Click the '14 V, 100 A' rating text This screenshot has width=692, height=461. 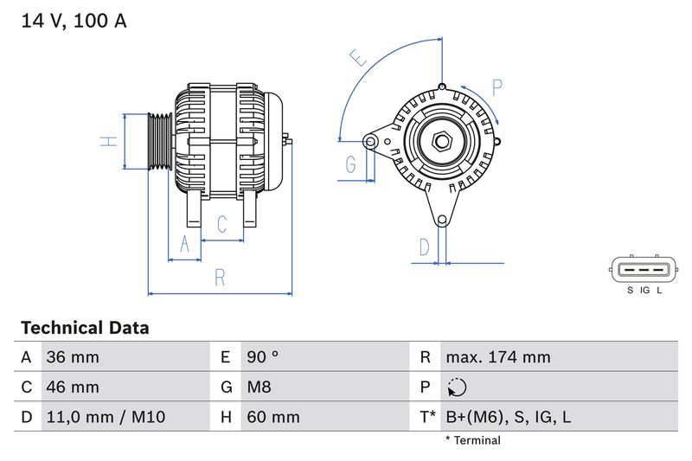[x=74, y=22]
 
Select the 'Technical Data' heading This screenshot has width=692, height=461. [x=84, y=328]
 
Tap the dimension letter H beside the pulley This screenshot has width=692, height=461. [x=107, y=141]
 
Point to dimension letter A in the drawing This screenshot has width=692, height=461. [x=183, y=246]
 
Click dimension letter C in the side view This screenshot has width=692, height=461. [x=221, y=225]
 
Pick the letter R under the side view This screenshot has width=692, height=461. [x=220, y=278]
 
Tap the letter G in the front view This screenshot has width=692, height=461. [x=351, y=163]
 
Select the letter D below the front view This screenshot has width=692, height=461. [x=424, y=247]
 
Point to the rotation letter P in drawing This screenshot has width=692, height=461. [x=497, y=87]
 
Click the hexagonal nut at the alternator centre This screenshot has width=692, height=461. [x=441, y=140]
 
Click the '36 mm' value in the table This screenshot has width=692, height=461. [x=74, y=357]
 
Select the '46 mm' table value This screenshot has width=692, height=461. [x=74, y=387]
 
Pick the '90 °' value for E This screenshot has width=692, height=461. [x=263, y=357]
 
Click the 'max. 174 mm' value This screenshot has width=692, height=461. [x=497, y=357]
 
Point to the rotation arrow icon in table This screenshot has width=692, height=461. [x=457, y=387]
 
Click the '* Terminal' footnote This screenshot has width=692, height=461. [x=472, y=440]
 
